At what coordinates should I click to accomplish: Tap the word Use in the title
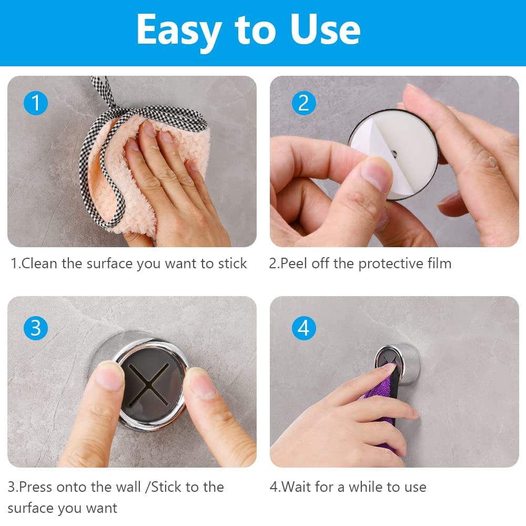[x=326, y=29]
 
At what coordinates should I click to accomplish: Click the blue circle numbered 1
[x=36, y=103]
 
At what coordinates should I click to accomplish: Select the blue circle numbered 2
[x=304, y=103]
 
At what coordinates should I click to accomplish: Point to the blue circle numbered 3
[x=36, y=328]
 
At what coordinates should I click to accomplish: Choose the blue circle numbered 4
[x=304, y=328]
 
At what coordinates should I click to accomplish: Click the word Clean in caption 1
[x=39, y=264]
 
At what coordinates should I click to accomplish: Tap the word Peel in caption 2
[x=293, y=264]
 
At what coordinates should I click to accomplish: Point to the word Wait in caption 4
[x=295, y=487]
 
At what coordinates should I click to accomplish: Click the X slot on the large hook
[x=148, y=383]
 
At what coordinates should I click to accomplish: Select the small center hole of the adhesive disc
[x=394, y=154]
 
